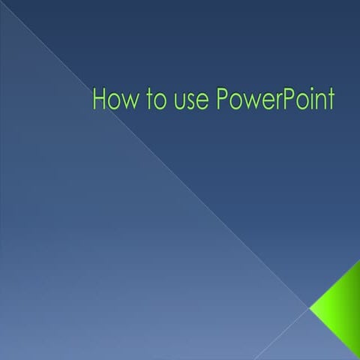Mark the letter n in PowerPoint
click(315, 102)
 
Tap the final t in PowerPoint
click(328, 100)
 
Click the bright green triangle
click(341, 307)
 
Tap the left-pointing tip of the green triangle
click(311, 306)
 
